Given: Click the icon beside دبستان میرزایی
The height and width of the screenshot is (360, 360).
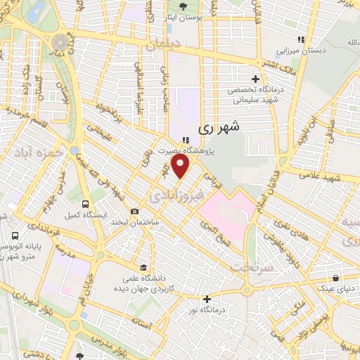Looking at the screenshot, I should (x=300, y=39).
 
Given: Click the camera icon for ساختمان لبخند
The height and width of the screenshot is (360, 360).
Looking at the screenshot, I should (x=134, y=211).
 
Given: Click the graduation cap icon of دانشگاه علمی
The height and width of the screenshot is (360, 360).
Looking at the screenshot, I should (x=143, y=267).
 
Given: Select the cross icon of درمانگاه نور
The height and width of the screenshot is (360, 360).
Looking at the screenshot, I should (x=207, y=298).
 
